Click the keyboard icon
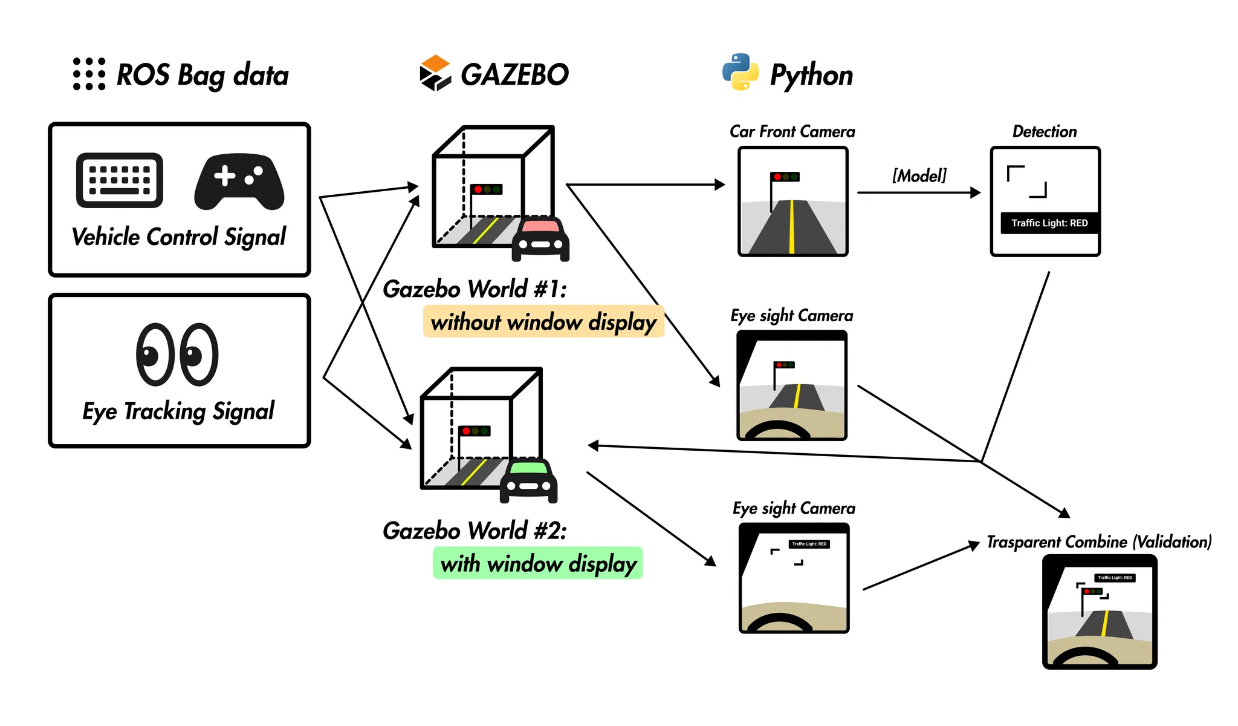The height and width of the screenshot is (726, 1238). click(120, 180)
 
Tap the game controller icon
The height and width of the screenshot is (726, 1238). click(239, 181)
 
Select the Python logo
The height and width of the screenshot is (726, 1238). click(741, 73)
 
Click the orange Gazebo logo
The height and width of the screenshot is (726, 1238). click(435, 73)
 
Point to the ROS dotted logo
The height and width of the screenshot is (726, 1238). click(89, 74)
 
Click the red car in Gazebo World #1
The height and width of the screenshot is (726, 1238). click(540, 238)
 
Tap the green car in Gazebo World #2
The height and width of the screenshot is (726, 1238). click(528, 480)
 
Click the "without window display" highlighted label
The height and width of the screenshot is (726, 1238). click(543, 322)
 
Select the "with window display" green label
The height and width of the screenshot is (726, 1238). click(538, 563)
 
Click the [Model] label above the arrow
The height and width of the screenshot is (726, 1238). click(919, 175)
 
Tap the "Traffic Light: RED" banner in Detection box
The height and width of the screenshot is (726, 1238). click(1049, 223)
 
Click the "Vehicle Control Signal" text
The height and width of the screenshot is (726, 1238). click(179, 237)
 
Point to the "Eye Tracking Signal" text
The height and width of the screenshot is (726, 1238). click(178, 411)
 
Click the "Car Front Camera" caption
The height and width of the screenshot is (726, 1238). click(792, 131)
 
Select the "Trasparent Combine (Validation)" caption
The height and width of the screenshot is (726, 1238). click(1099, 541)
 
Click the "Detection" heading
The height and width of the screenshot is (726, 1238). click(1045, 131)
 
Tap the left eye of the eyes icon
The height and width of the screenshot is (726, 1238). click(155, 355)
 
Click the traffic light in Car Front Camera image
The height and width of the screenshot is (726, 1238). click(785, 177)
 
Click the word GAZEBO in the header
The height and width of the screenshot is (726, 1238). click(514, 74)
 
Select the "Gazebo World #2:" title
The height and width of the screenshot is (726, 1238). click(475, 531)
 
